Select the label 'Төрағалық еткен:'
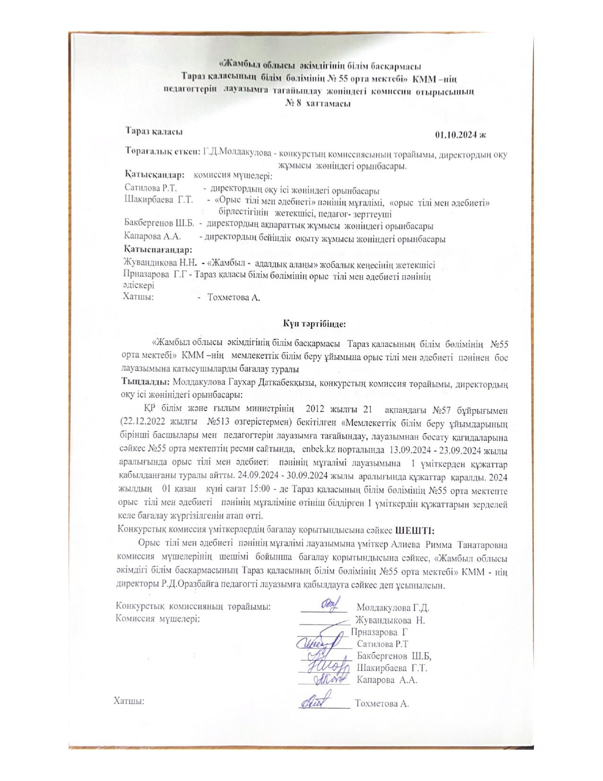(162, 152)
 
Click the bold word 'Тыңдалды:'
(144, 381)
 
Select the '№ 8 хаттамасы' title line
(317, 103)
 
